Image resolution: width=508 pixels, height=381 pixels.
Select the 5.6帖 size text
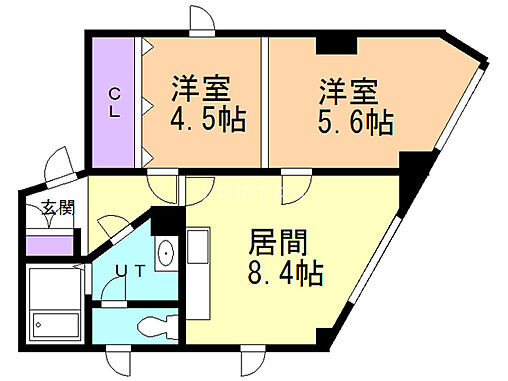355,123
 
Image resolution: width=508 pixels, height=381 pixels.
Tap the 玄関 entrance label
58,209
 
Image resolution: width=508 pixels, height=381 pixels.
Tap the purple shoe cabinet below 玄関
50,243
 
